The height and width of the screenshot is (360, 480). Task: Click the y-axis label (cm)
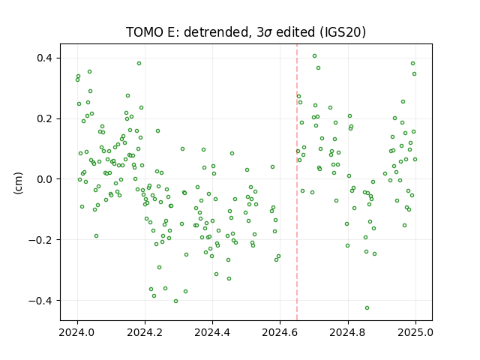(18, 183)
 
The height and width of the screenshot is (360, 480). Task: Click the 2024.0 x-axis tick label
(77, 332)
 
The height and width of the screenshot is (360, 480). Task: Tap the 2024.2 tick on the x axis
(145, 332)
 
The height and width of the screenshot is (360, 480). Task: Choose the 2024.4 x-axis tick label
(212, 332)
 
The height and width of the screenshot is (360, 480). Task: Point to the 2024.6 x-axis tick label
(280, 332)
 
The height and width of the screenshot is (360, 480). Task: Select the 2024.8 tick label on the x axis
(348, 332)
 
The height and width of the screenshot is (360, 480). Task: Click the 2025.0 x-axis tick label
(415, 332)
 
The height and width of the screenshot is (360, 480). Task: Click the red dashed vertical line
(297, 182)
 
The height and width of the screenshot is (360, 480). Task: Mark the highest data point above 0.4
(314, 56)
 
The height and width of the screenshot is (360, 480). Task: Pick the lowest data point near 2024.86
(367, 308)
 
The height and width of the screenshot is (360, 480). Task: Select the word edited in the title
(295, 32)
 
